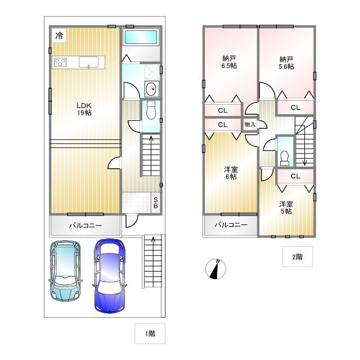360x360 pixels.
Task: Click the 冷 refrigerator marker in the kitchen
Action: [x=59, y=35]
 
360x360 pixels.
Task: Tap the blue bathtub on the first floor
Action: [x=141, y=37]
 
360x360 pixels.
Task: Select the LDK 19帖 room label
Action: [x=84, y=109]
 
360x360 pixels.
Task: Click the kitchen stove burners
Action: [x=60, y=62]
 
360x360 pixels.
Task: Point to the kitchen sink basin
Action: [x=89, y=62]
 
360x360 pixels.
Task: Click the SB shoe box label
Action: [x=155, y=203]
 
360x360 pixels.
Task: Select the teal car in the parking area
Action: [x=65, y=271]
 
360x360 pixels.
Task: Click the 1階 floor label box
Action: [x=150, y=334]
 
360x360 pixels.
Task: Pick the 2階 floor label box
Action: [x=298, y=256]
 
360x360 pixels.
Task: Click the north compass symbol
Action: [x=215, y=269]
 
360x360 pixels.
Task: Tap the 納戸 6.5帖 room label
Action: [x=229, y=62]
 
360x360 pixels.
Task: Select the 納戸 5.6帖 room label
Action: [x=286, y=63]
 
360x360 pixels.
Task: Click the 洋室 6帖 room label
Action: [x=231, y=173]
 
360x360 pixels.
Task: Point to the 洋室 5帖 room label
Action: [x=286, y=208]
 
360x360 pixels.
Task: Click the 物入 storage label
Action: [x=250, y=124]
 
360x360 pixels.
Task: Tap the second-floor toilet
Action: [x=285, y=158]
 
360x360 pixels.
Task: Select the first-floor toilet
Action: [x=151, y=110]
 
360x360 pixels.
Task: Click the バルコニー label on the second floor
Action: [x=231, y=225]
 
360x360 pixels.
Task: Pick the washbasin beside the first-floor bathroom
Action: [x=151, y=89]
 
